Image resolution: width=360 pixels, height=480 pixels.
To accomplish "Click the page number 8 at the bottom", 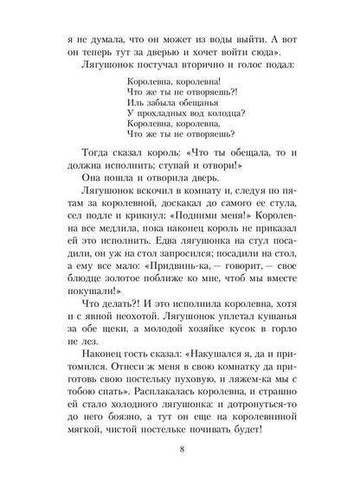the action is coord(179,451).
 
